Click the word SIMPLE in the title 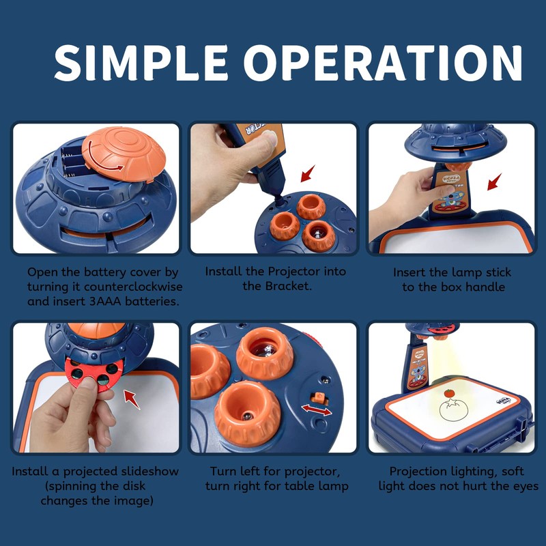point(141,63)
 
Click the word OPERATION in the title point(383,63)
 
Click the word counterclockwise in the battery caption point(133,287)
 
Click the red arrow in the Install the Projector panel point(308,173)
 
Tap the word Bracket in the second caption point(287,286)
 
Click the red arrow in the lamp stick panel point(494,182)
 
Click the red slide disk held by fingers point(94,373)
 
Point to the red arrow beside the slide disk point(132,399)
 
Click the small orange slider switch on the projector point(319,398)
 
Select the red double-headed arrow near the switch point(317,410)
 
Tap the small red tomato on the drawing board point(450,393)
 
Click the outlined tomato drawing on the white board point(454,411)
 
